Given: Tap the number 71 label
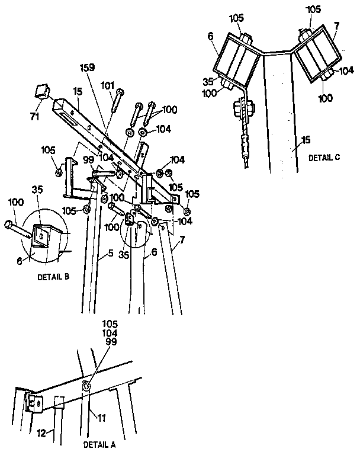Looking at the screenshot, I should point(35,116).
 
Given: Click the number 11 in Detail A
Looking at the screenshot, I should point(102,418).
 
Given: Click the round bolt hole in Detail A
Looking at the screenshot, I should point(87,386).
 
